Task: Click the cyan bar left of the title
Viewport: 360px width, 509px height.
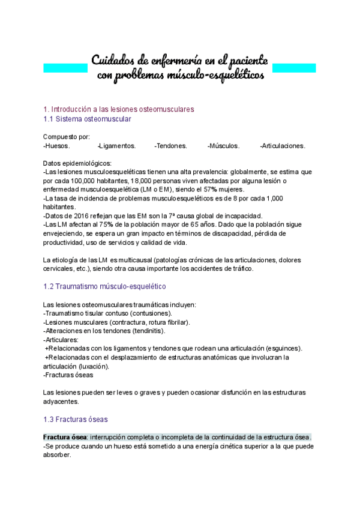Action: (66, 68)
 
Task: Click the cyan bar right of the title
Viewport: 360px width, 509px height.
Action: (294, 68)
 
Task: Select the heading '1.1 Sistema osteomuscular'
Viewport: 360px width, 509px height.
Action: (88, 119)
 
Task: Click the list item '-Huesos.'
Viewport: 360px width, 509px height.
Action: (56, 146)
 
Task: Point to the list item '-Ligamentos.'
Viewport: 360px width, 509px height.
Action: (116, 146)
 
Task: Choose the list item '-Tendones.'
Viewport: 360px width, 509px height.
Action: (170, 146)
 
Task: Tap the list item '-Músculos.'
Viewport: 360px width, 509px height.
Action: (224, 146)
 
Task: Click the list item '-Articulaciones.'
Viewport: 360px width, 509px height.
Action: (283, 146)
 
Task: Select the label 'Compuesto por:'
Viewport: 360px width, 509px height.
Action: (67, 137)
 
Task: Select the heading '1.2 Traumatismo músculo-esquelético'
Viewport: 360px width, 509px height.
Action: (105, 287)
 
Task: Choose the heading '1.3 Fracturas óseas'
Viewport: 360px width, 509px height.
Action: (76, 419)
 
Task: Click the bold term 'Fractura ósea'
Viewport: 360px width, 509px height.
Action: (65, 437)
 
